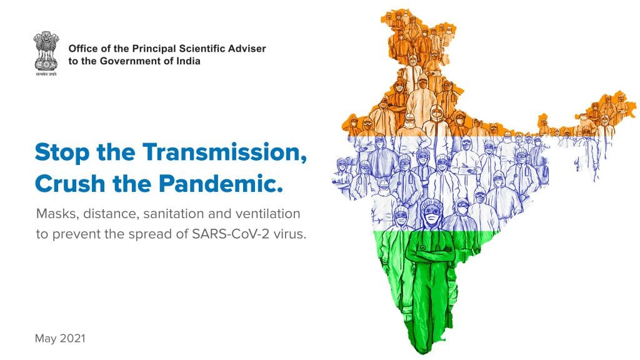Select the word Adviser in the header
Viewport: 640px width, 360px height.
tap(247, 49)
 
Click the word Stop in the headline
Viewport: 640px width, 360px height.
tap(62, 152)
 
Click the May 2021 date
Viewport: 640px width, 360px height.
tap(60, 338)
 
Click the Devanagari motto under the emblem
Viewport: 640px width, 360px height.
tap(46, 74)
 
